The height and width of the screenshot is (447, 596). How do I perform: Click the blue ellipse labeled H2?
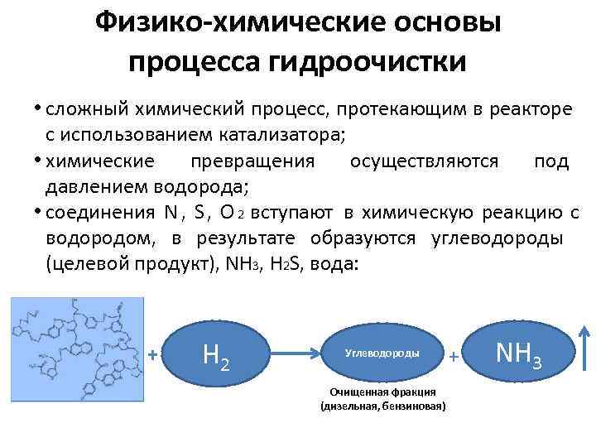(x=217, y=355)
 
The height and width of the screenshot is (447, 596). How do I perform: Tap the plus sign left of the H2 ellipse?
(x=152, y=355)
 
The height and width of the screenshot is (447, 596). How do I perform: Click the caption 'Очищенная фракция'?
(x=382, y=392)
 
